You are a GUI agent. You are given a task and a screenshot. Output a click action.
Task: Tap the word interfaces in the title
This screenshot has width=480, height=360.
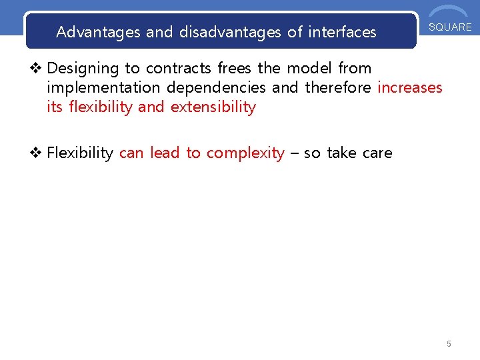pos(342,32)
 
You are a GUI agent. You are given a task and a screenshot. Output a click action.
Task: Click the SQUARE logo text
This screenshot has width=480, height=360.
pos(450,27)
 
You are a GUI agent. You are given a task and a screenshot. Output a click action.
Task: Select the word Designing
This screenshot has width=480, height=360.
pos(83,68)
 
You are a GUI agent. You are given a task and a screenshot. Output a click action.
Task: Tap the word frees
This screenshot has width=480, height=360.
pos(235,68)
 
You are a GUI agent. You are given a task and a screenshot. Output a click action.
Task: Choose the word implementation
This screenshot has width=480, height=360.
pos(104,87)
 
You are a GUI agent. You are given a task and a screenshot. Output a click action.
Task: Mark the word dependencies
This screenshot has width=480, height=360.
pos(216,87)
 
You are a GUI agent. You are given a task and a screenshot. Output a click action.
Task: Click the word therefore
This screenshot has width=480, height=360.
pos(339,87)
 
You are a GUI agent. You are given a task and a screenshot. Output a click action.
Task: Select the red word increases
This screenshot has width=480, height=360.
pos(410,87)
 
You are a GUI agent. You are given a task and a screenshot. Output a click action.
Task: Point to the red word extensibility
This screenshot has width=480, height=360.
pos(213,107)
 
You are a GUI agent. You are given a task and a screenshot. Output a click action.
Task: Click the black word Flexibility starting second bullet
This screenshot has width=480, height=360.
pos(80,153)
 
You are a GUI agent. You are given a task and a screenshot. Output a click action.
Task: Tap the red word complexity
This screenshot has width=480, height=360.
pos(245,153)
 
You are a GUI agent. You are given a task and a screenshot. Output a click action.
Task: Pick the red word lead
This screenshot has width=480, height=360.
pos(165,153)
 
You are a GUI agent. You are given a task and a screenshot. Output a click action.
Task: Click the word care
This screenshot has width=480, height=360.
pos(377,153)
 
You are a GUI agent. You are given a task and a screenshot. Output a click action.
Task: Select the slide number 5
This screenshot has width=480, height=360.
pos(449,344)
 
